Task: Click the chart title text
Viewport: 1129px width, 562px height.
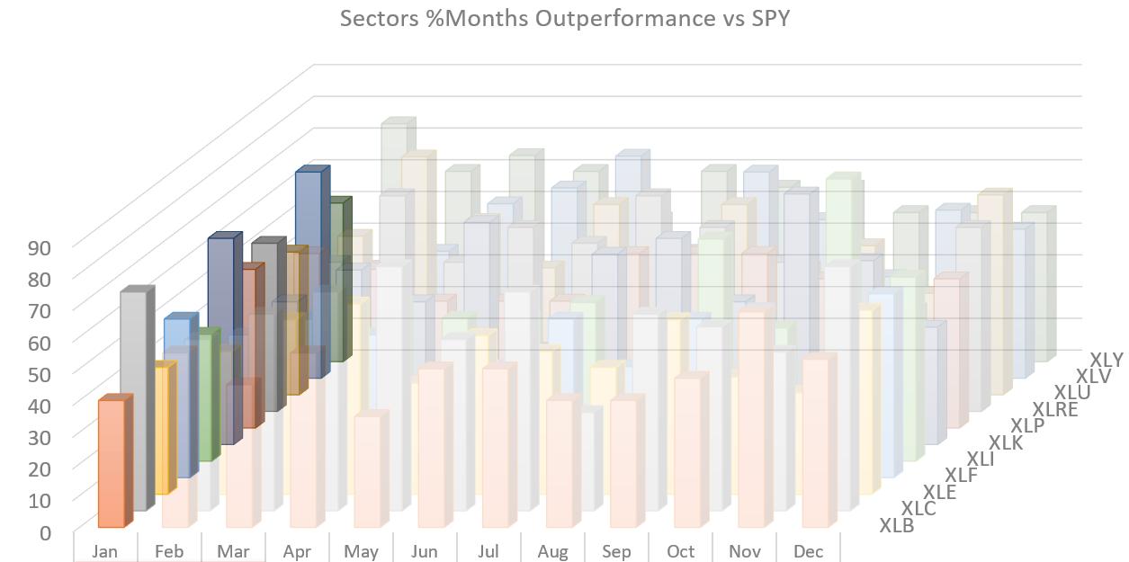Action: (x=564, y=18)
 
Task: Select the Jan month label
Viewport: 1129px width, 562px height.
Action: (x=105, y=551)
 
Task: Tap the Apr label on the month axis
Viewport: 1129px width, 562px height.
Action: (x=297, y=551)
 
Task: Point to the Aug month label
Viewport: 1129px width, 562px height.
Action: (x=552, y=551)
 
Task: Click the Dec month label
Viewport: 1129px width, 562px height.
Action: (x=808, y=551)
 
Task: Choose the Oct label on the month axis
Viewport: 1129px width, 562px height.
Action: (x=680, y=551)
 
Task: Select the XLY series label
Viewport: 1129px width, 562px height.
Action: (x=1106, y=360)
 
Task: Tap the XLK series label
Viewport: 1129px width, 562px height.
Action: (x=1007, y=442)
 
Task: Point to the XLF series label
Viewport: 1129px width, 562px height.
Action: (x=961, y=475)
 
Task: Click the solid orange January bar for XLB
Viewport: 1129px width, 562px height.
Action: (x=110, y=463)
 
